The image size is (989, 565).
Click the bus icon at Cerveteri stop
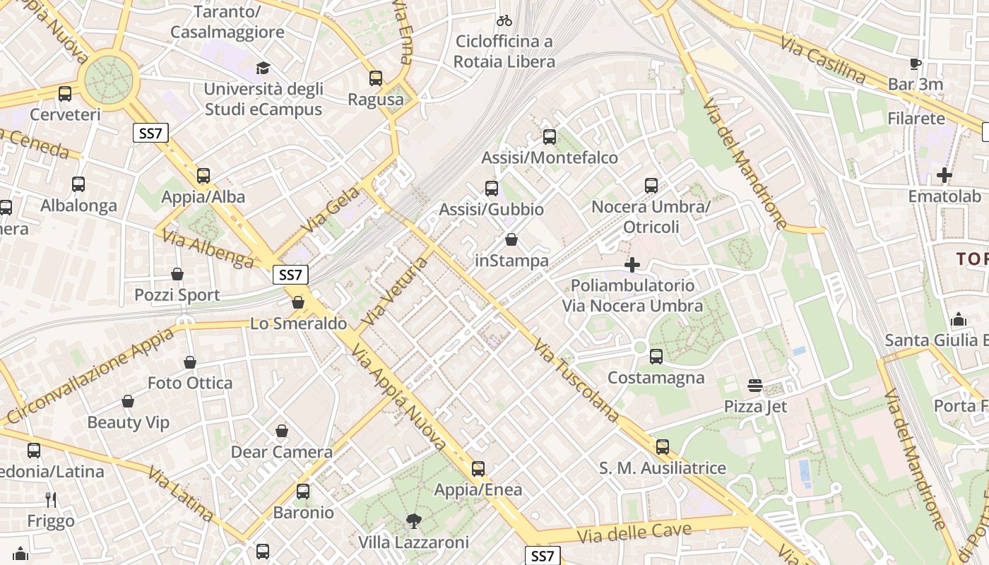65,93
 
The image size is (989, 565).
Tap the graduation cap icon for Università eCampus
263,68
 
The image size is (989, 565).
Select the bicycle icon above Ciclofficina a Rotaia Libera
504,20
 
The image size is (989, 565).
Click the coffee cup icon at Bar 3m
916,64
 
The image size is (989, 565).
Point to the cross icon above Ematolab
944,174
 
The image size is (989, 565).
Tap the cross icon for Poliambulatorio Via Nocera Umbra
632,265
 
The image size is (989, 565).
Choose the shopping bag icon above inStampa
511,240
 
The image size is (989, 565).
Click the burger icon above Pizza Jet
755,386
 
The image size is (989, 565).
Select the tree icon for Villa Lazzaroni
413,521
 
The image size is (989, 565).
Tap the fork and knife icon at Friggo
51,500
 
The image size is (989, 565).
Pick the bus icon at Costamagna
656,357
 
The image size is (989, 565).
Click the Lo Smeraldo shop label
299,323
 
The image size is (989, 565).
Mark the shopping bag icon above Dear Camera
281,431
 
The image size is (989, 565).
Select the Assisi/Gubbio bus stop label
492,210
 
